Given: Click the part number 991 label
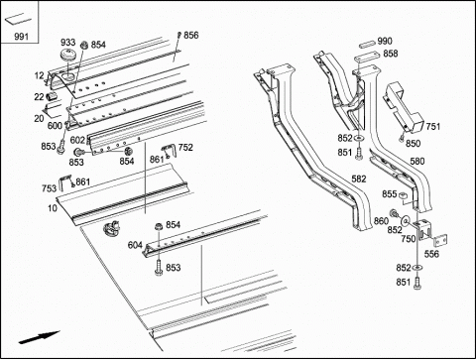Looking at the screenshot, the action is pyautogui.click(x=21, y=36).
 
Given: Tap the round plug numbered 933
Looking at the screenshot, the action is pyautogui.click(x=68, y=55).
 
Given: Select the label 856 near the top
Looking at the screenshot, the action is pyautogui.click(x=191, y=35).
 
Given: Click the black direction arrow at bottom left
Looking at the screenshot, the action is pyautogui.click(x=39, y=337).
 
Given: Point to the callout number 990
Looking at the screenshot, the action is pyautogui.click(x=385, y=41).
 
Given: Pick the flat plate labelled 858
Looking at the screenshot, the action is pyautogui.click(x=366, y=60).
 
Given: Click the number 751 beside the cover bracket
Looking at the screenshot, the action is pyautogui.click(x=433, y=126).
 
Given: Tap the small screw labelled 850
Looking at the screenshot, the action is pyautogui.click(x=402, y=139).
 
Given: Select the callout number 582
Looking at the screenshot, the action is pyautogui.click(x=359, y=179).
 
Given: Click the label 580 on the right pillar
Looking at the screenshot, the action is pyautogui.click(x=417, y=161).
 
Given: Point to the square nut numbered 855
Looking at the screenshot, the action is pyautogui.click(x=403, y=195).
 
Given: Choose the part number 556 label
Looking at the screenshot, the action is pyautogui.click(x=431, y=254).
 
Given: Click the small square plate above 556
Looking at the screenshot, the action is pyautogui.click(x=440, y=240).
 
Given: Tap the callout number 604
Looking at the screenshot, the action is pyautogui.click(x=135, y=245).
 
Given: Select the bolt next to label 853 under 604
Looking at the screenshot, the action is pyautogui.click(x=159, y=267).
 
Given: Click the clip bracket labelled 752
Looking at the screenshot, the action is pyautogui.click(x=168, y=151).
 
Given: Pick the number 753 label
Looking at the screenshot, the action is pyautogui.click(x=49, y=188).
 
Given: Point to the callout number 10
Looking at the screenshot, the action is pyautogui.click(x=53, y=208).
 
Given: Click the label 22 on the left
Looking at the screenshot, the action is pyautogui.click(x=39, y=97).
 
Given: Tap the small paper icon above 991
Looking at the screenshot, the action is pyautogui.click(x=18, y=19).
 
